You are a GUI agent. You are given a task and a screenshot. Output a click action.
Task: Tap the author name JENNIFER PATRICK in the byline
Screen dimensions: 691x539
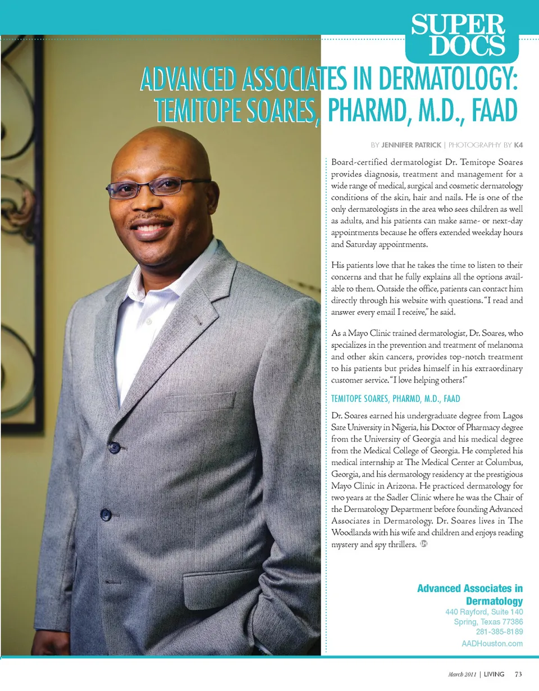pos(411,145)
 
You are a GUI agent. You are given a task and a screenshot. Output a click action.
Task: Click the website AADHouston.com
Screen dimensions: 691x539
pos(489,644)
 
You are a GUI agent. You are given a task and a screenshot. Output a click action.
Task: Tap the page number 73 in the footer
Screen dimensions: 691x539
pos(518,674)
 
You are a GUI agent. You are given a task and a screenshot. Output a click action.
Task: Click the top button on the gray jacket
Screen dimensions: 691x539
pos(114,448)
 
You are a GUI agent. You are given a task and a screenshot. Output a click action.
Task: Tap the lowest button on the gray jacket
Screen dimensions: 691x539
pos(106,513)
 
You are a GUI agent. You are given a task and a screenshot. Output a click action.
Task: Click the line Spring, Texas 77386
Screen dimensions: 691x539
pos(488,622)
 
